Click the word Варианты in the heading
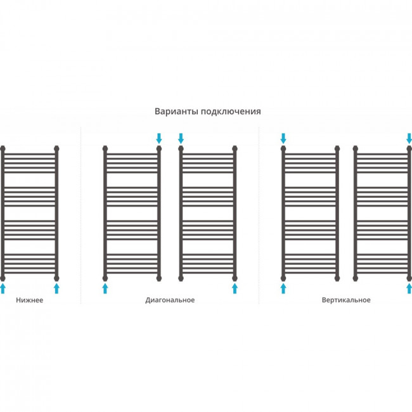[x=177, y=111]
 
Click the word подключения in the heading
[x=231, y=112]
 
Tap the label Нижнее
[x=29, y=300]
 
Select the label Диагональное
[x=170, y=300]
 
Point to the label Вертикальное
[x=346, y=300]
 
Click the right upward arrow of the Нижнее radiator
[x=56, y=288]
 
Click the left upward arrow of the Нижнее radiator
[x=3, y=288]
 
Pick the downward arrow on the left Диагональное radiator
[x=159, y=138]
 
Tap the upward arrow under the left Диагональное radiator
[x=105, y=288]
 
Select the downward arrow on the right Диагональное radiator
[x=181, y=138]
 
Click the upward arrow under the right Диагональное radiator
[x=235, y=288]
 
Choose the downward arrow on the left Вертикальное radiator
[x=283, y=138]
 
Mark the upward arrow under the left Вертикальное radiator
[x=283, y=288]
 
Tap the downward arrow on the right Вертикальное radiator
[x=409, y=138]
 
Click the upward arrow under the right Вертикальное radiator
[x=409, y=288]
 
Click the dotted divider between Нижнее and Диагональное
[x=80, y=216]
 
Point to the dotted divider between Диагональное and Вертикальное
[x=259, y=216]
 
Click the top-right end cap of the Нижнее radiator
[x=56, y=149]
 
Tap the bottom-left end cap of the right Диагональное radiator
[x=181, y=278]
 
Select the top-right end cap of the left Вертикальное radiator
[x=337, y=149]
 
